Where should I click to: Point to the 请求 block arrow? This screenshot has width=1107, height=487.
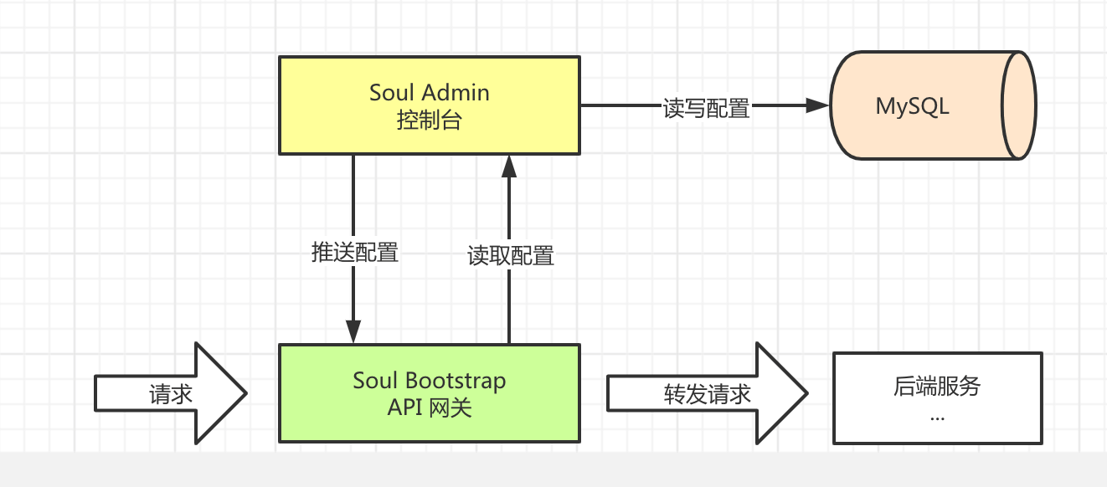[x=172, y=393]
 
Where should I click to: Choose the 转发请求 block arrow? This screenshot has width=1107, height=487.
[x=707, y=393]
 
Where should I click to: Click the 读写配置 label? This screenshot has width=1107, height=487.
[x=707, y=108]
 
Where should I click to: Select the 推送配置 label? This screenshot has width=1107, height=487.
[x=355, y=252]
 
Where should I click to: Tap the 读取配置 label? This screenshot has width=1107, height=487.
[x=511, y=255]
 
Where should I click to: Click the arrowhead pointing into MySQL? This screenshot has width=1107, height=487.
[x=816, y=105]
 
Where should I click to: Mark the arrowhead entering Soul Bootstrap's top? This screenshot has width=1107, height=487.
[x=354, y=331]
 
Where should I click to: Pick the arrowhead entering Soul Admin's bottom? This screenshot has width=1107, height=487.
[x=509, y=167]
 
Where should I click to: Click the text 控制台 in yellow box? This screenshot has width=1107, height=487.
[x=429, y=120]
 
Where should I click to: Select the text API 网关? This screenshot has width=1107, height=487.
[x=429, y=408]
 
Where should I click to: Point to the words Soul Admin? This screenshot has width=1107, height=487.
[x=429, y=92]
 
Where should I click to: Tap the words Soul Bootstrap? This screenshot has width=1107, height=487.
[x=429, y=381]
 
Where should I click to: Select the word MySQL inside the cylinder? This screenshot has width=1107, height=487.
[x=912, y=106]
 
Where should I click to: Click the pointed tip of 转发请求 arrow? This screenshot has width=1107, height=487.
[x=806, y=392]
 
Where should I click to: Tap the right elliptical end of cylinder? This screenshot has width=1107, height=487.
[x=1020, y=105]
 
